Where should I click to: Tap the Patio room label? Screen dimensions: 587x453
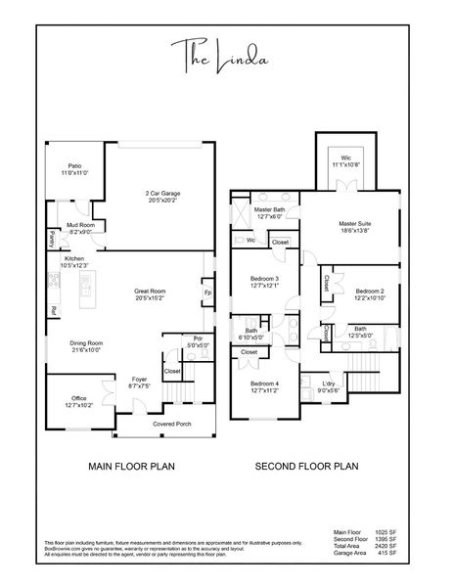point(75,168)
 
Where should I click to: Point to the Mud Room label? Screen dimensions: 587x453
point(80,228)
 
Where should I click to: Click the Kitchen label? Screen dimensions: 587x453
point(74,262)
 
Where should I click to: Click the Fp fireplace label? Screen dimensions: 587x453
point(208,293)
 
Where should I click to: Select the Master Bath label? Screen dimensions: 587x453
point(269,212)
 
